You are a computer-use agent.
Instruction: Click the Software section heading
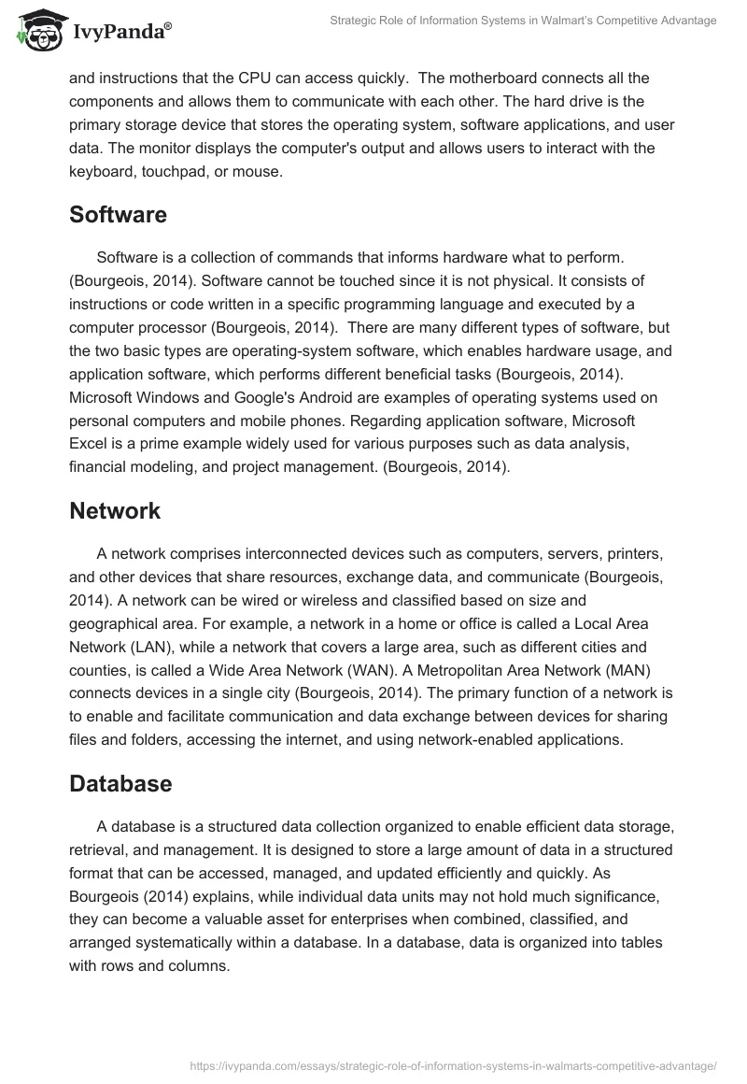tap(118, 215)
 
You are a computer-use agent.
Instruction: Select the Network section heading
tap(115, 511)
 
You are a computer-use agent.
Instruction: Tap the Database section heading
tap(120, 758)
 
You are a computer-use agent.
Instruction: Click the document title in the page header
tap(524, 21)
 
